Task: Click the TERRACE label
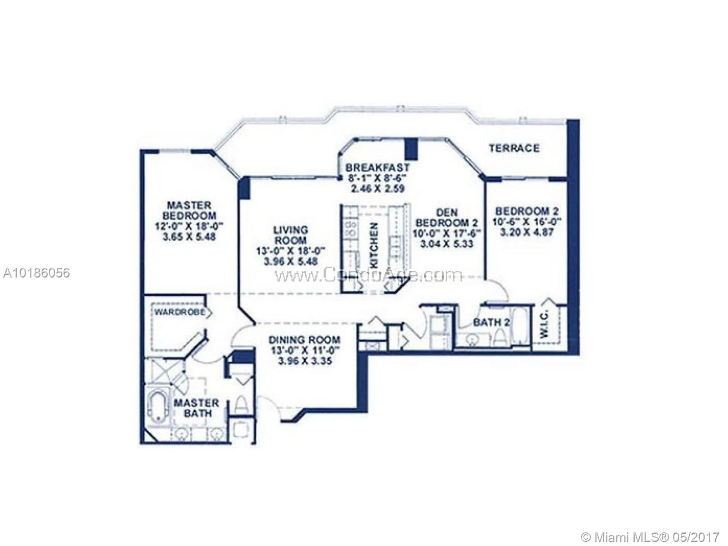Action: pyautogui.click(x=514, y=148)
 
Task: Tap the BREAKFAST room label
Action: pyautogui.click(x=377, y=167)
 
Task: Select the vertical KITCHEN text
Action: pyautogui.click(x=374, y=245)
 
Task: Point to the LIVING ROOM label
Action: pyautogui.click(x=290, y=235)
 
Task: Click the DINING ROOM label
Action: pyautogui.click(x=304, y=340)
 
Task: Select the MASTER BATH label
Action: pyautogui.click(x=196, y=408)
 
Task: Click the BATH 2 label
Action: pyautogui.click(x=491, y=323)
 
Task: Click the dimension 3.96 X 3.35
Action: pyautogui.click(x=304, y=361)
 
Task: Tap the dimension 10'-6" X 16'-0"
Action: pyautogui.click(x=527, y=222)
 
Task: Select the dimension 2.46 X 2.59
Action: pyautogui.click(x=377, y=188)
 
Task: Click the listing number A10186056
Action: pyautogui.click(x=36, y=273)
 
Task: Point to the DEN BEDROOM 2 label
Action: pyautogui.click(x=447, y=217)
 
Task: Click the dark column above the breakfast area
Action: pyautogui.click(x=411, y=148)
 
